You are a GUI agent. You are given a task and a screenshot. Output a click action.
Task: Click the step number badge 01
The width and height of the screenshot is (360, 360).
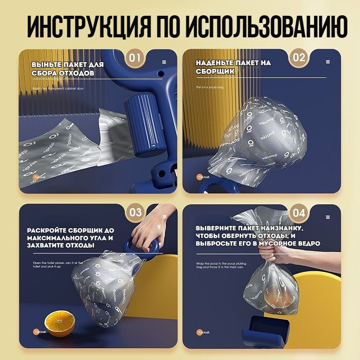[135, 58]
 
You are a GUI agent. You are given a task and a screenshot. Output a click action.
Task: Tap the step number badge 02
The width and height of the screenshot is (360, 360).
[299, 58]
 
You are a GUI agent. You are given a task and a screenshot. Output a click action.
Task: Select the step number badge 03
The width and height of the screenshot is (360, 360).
[135, 212]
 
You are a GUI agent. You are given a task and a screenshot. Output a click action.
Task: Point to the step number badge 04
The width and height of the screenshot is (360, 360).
[299, 212]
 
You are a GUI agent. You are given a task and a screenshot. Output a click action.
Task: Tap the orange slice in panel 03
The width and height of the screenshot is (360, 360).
[60, 323]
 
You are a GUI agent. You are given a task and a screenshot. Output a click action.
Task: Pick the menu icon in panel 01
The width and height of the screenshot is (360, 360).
[164, 63]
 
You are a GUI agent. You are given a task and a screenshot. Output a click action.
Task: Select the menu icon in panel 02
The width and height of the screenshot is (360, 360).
[328, 63]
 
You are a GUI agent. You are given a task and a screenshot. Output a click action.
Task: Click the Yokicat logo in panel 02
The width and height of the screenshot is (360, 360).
[203, 176]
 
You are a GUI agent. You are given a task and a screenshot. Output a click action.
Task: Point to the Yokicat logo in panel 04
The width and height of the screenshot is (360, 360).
[203, 332]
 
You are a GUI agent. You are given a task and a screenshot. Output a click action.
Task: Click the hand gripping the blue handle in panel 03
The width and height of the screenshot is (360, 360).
[148, 229]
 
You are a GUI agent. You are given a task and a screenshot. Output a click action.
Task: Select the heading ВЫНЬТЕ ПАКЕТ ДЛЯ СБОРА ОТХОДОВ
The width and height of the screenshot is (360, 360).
[67, 68]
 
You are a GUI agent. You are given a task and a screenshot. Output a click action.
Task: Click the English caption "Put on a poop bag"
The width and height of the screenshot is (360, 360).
[211, 87]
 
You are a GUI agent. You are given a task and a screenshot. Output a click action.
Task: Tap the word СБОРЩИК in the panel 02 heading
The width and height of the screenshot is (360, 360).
[215, 72]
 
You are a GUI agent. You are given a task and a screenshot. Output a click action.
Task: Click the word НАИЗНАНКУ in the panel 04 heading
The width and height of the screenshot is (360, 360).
[275, 228]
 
